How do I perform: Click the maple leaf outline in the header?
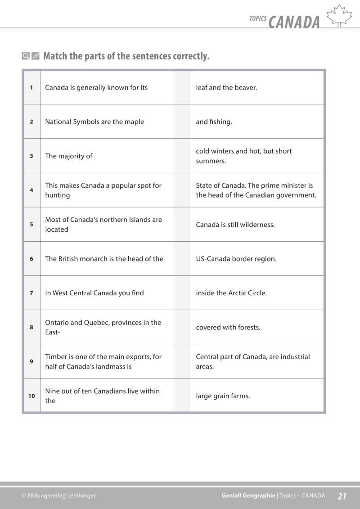click(x=339, y=17)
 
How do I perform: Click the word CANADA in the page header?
click(x=294, y=22)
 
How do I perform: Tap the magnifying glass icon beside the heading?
click(x=26, y=56)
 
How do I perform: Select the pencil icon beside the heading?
click(x=36, y=56)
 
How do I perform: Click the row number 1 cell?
click(x=31, y=88)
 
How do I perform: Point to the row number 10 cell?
click(x=31, y=396)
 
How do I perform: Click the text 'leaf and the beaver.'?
click(x=226, y=88)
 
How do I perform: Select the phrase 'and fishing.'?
click(x=214, y=122)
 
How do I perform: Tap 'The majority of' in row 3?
click(x=68, y=156)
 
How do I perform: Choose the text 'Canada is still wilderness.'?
click(x=235, y=225)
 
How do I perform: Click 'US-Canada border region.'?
click(x=236, y=259)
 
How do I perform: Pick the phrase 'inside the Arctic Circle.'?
click(x=231, y=293)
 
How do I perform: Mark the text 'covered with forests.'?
click(x=228, y=328)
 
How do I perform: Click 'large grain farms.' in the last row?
click(x=223, y=396)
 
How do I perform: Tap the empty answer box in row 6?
click(x=182, y=259)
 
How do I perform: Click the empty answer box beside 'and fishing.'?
click(x=182, y=122)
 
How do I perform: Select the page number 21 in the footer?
click(x=342, y=496)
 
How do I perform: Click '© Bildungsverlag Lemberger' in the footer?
click(x=58, y=496)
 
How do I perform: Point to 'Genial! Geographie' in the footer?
click(x=248, y=496)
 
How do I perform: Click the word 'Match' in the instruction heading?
click(x=55, y=56)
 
